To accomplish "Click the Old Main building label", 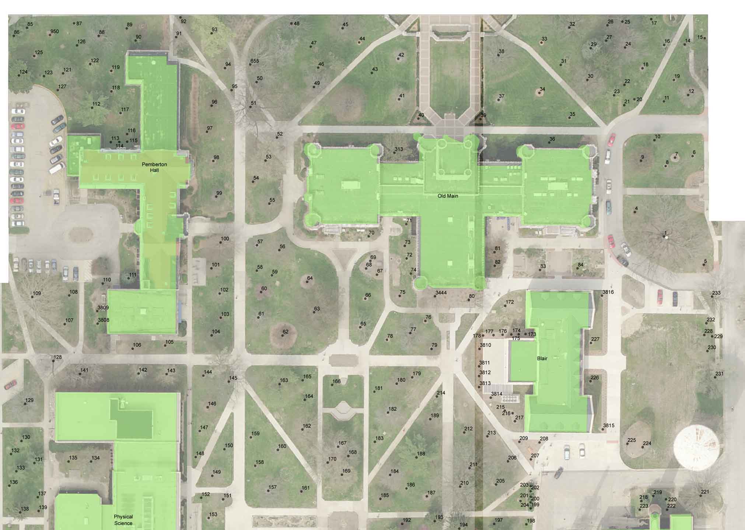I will (x=448, y=196).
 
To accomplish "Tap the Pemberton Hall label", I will (x=154, y=167).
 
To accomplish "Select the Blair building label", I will (x=542, y=358).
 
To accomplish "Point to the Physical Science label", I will (x=123, y=520).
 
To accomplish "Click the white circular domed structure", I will (x=696, y=447).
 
